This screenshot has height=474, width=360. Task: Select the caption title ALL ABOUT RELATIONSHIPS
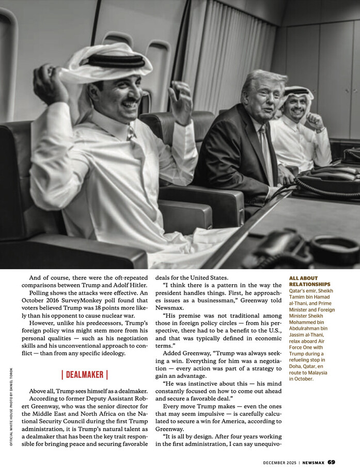tap(310, 281)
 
